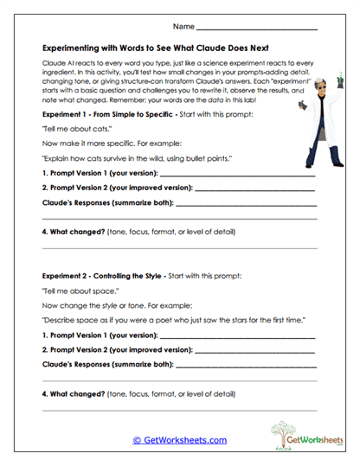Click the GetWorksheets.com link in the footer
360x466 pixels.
[179, 439]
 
